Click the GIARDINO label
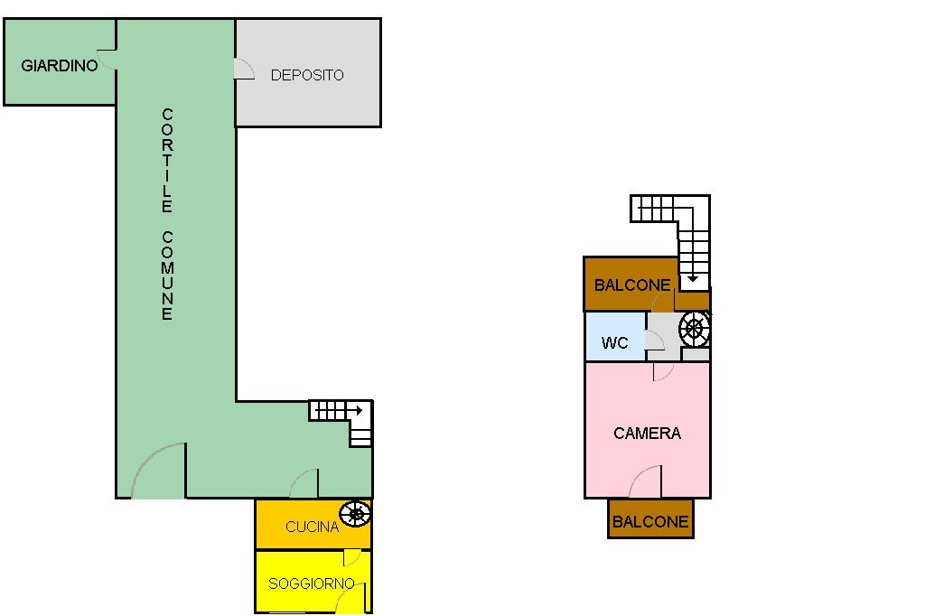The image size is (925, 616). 60,66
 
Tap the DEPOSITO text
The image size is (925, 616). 307,75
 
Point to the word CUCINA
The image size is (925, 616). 312,527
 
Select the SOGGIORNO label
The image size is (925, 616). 312,583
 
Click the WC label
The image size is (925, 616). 614,343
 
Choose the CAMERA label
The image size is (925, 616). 647,434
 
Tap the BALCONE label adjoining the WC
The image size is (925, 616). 632,285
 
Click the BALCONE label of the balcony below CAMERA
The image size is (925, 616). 650,522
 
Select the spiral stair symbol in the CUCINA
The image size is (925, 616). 356,514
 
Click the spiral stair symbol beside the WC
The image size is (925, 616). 695,329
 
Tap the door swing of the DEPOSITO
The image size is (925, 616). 244,69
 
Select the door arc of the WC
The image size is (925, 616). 655,341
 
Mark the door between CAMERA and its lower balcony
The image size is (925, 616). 645,483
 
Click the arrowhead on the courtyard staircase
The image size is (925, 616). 359,411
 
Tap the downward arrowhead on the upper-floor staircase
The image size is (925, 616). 693,279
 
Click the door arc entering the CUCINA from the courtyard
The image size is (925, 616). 304,484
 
